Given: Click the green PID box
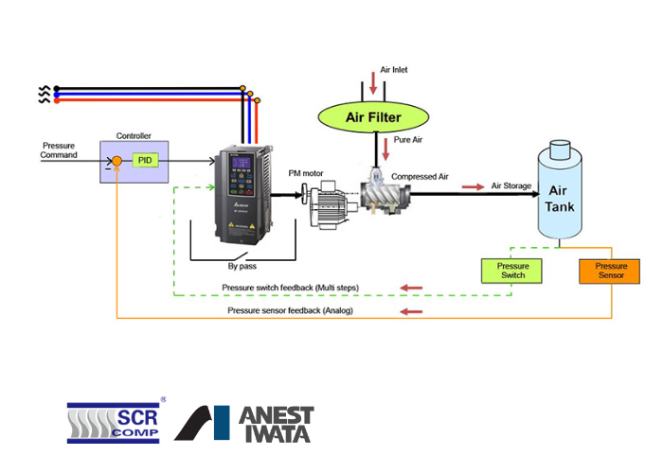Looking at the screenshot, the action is point(146,160).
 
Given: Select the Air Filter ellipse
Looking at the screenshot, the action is point(373,117).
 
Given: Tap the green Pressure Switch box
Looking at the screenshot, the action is point(511,271).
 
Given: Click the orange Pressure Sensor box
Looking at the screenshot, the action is point(609,272).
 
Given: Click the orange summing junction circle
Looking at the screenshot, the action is point(116,161).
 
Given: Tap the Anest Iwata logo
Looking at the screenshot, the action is point(244,424).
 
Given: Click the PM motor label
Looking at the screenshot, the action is point(306,173).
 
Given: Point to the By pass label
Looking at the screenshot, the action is point(242,266).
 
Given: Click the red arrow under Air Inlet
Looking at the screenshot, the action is point(373,83).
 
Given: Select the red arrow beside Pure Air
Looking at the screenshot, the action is point(385,149).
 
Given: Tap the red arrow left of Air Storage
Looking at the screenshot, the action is point(474,186).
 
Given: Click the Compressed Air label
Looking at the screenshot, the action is point(420,177).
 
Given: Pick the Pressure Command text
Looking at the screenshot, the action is point(59,150).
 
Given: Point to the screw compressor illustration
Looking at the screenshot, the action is point(385,191).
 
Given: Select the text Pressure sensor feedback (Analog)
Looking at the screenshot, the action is point(290,310).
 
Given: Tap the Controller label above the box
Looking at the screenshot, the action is point(134,136).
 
